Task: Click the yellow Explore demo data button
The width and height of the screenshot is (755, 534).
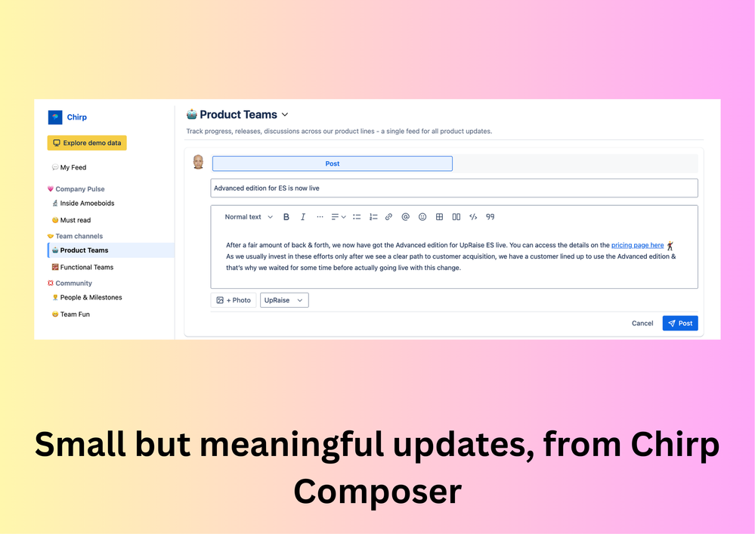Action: coord(87,143)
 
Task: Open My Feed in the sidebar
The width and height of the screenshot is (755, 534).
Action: coord(73,167)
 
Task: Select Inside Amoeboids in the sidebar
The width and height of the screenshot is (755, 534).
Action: coord(87,203)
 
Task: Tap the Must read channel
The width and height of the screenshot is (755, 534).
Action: coord(75,220)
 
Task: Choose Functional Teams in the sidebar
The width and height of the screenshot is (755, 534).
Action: coord(86,267)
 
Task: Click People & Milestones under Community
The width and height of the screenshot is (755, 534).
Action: coord(91,297)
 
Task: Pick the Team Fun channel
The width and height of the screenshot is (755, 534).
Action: coord(75,314)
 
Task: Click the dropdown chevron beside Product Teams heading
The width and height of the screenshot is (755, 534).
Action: coord(285,115)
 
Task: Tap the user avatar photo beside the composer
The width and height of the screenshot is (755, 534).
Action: coord(198,162)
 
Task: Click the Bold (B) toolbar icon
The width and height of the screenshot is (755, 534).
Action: coord(286,217)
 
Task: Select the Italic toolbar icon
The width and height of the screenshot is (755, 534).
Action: coord(303,217)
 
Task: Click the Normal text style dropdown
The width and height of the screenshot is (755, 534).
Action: coord(249,217)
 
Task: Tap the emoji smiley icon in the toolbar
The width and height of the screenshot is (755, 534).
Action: coord(422,217)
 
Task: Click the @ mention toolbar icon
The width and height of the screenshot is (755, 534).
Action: coord(406,217)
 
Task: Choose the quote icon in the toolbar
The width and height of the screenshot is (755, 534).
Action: coord(490,217)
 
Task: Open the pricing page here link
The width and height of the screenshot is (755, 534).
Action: coord(637,245)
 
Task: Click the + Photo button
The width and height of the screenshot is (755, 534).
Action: coord(234,300)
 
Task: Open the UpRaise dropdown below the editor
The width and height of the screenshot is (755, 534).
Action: coord(284,300)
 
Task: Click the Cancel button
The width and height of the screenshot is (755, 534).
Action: coord(642,323)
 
